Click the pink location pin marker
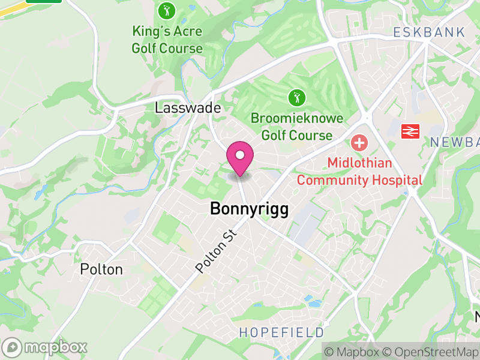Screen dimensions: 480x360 coord(240,158)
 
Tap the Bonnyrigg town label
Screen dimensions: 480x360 coord(249,209)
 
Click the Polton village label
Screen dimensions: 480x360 coord(101,269)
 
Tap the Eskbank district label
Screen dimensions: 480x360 coord(429,32)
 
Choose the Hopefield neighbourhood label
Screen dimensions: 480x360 coord(281,332)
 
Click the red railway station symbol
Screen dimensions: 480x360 coord(410,130)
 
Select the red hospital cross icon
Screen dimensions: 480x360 coord(359,143)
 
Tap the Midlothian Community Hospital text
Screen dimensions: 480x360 coord(359,172)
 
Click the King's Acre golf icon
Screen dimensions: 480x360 coord(166,10)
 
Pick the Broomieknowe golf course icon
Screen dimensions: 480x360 coord(295,97)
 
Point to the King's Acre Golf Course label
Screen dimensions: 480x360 coord(167,40)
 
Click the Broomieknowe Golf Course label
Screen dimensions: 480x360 coord(297,127)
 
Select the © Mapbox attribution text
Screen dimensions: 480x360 coord(352,352)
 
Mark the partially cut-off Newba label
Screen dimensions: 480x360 coord(455,142)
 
